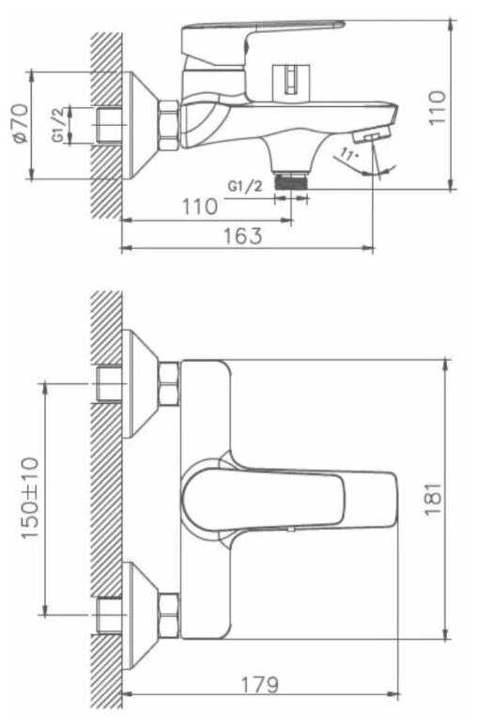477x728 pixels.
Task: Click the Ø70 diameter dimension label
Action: click(x=21, y=123)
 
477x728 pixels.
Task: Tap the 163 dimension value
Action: click(x=242, y=236)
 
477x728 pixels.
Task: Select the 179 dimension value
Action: click(x=259, y=685)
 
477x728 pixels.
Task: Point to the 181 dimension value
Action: click(x=433, y=499)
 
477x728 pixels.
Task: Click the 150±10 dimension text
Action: click(x=30, y=499)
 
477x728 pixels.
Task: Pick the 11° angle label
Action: click(x=349, y=154)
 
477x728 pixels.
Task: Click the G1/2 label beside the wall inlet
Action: click(x=57, y=125)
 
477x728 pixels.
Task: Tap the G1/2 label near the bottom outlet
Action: click(x=245, y=186)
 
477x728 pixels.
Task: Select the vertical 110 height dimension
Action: click(x=438, y=108)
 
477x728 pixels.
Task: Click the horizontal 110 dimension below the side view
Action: click(x=199, y=207)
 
